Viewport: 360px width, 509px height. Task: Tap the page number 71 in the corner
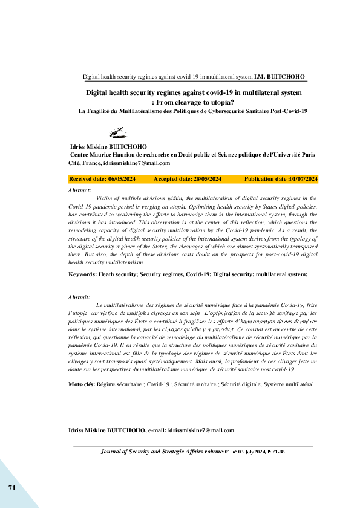(11, 487)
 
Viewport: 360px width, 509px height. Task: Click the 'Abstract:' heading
(80, 190)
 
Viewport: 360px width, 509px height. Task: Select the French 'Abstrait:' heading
(80, 298)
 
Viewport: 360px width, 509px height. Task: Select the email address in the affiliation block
(137, 163)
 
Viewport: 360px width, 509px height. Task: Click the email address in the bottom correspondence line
(201, 430)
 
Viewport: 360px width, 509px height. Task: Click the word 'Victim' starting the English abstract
(105, 198)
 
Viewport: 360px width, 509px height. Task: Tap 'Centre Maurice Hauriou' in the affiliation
(103, 155)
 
